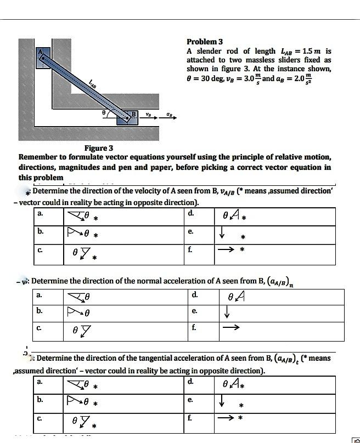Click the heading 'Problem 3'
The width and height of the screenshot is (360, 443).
tap(205, 42)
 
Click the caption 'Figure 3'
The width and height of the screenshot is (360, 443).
tap(99, 148)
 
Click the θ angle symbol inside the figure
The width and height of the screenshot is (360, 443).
tap(104, 112)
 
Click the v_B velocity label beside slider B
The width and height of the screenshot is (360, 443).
tap(149, 114)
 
